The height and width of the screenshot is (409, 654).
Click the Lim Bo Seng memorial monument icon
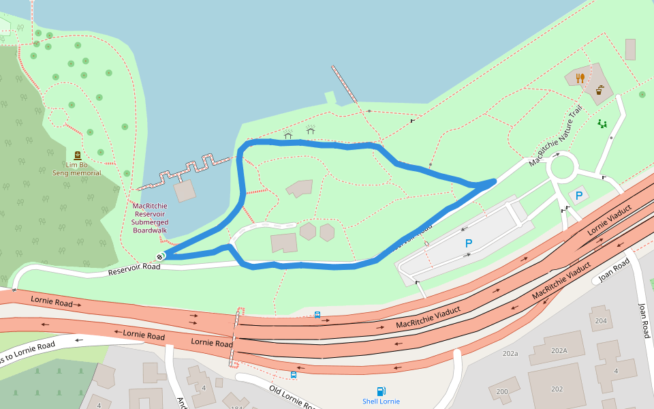tap(77, 155)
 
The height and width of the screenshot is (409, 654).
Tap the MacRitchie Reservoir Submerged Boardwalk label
tap(150, 218)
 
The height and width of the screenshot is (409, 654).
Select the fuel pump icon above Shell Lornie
tap(381, 391)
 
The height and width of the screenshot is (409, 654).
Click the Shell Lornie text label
tap(381, 402)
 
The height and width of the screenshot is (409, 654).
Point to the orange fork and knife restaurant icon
tap(580, 78)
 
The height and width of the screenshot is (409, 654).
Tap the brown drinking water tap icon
tap(600, 90)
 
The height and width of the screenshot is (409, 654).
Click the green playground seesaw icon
tap(602, 123)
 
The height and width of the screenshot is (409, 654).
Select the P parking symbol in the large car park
tap(469, 243)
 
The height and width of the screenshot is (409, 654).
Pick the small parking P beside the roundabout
tap(579, 196)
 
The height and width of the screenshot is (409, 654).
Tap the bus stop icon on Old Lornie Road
tap(294, 375)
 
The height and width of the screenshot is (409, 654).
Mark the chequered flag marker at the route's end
tap(160, 256)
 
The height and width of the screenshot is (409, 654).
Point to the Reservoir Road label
tap(134, 270)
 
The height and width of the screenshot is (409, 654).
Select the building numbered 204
tap(600, 321)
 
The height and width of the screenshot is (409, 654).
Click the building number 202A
tap(559, 350)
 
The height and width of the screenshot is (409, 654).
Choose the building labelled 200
tap(502, 391)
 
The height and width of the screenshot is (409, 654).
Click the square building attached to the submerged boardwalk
tap(185, 191)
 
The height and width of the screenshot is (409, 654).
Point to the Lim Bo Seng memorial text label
tap(77, 168)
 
